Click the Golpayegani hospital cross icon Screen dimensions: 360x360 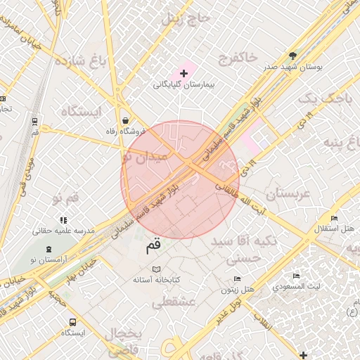coord(184,73)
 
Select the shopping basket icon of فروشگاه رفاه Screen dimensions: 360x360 coord(125,120)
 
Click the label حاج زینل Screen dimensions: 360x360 coord(186,19)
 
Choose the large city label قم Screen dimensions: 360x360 coord(153,247)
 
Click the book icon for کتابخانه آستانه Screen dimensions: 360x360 coord(156,269)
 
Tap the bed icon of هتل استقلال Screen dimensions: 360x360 coord(334,218)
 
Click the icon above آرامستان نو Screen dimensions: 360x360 coord(49,249)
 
